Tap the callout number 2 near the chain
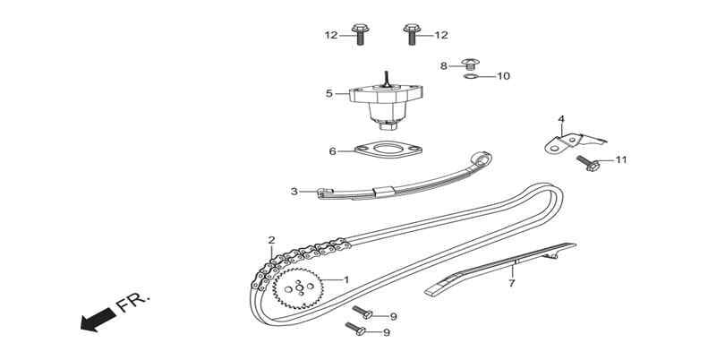[271, 240]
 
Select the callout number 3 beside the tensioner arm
[294, 192]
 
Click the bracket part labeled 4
[573, 141]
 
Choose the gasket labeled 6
[388, 150]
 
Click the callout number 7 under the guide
[512, 284]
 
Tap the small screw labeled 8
[470, 64]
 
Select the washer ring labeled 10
[471, 77]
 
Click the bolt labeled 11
[587, 164]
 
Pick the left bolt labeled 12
[360, 34]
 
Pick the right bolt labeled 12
[412, 34]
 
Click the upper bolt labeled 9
[363, 313]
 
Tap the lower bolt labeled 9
[355, 329]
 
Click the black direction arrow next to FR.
[98, 320]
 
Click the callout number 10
[503, 76]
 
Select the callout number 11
[622, 159]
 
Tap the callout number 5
[329, 93]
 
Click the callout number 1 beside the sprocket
[346, 279]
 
